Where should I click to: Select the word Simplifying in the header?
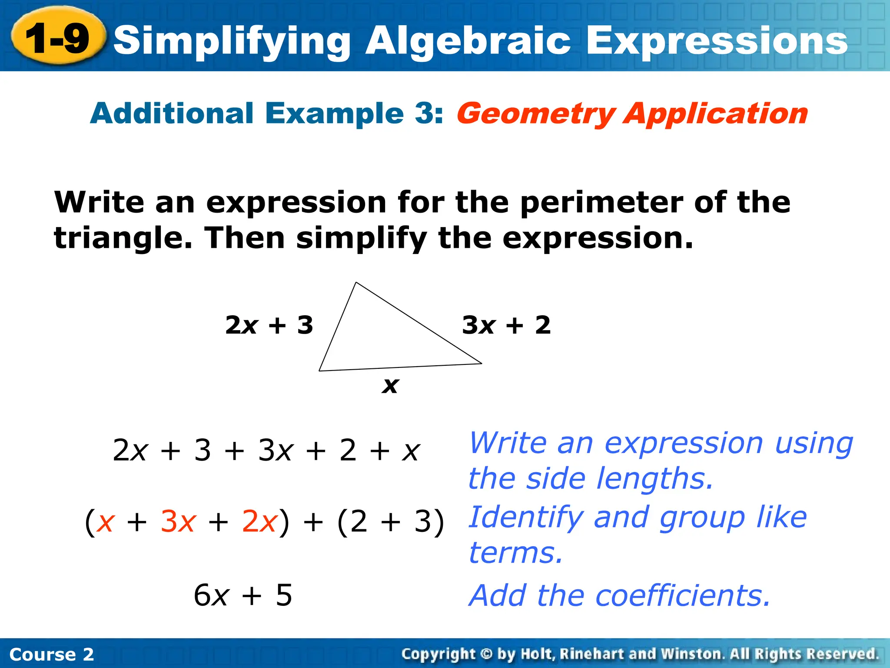tap(232, 41)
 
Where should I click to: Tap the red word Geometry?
tap(535, 114)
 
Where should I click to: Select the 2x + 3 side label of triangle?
tap(269, 325)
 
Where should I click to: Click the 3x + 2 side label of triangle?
tap(506, 325)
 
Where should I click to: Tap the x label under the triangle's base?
tap(390, 385)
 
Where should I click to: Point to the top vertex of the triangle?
tap(356, 283)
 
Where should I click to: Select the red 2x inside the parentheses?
tap(259, 521)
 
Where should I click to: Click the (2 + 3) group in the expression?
tap(390, 521)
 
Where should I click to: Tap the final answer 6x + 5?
tap(243, 595)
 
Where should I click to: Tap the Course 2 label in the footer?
tap(51, 654)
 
